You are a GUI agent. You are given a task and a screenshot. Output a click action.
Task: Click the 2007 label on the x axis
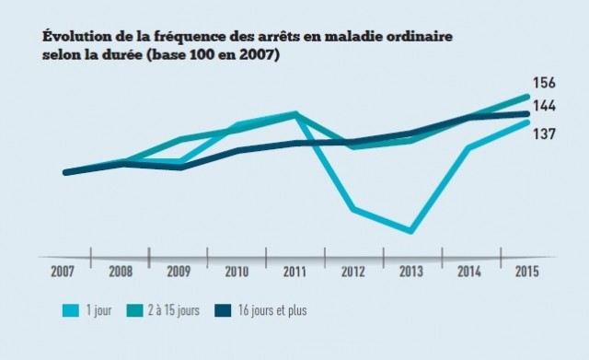(64, 272)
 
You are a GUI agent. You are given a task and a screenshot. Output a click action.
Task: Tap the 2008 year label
(121, 272)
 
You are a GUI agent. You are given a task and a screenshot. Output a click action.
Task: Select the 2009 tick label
(179, 272)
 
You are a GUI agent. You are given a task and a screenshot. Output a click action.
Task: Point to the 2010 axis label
(237, 272)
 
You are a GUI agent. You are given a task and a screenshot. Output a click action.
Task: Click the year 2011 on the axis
(294, 272)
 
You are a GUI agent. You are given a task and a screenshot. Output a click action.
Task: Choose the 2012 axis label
(352, 272)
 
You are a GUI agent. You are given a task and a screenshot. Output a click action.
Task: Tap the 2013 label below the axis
(410, 272)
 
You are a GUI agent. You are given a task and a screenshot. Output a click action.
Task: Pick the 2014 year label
(468, 272)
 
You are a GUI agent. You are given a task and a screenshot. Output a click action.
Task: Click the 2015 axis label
(525, 272)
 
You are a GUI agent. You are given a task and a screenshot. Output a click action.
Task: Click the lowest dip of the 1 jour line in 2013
(410, 231)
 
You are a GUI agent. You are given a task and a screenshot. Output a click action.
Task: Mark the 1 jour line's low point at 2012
(352, 210)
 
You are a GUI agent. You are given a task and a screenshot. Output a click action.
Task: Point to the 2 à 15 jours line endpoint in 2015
(527, 96)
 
